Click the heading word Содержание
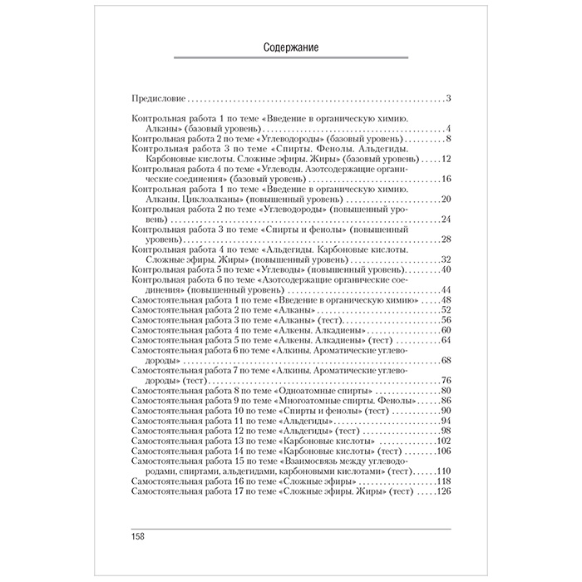291,48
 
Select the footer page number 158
138,535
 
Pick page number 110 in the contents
441,471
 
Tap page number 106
441,451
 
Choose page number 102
441,441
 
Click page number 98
444,430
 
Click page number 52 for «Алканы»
444,309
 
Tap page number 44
444,289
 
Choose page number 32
444,259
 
